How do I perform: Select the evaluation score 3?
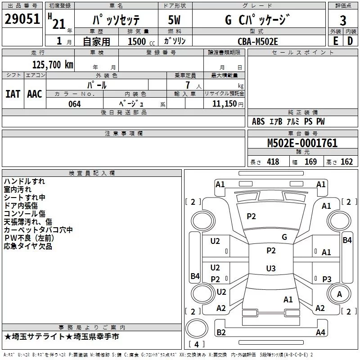[x=343, y=20]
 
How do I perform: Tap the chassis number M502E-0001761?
[x=302, y=143]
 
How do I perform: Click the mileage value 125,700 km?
[x=52, y=65]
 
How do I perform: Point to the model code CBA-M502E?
[x=258, y=41]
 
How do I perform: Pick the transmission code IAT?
[x=13, y=94]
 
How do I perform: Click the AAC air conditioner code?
[x=34, y=94]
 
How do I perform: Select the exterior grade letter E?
[x=335, y=40]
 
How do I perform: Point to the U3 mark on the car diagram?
[x=270, y=269]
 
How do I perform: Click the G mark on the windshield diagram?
[x=284, y=237]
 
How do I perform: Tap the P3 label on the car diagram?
[x=327, y=279]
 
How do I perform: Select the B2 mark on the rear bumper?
[x=221, y=332]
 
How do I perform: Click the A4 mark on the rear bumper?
[x=320, y=333]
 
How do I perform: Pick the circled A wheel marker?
[x=340, y=294]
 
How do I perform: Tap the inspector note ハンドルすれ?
[x=24, y=181]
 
